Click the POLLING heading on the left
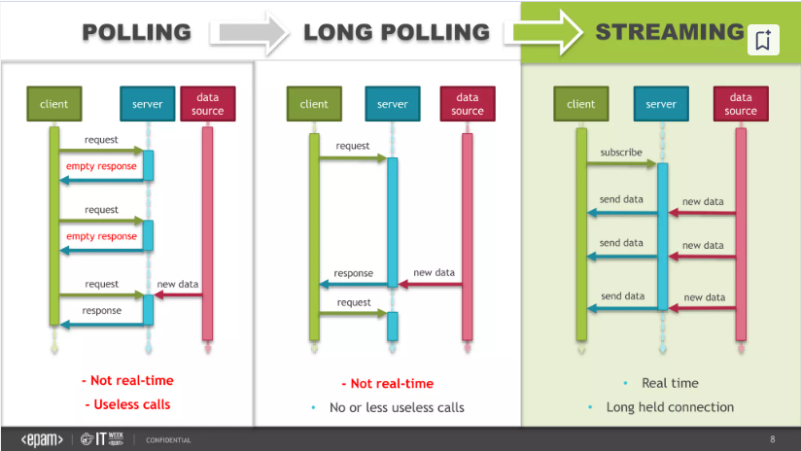136,32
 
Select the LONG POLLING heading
397,32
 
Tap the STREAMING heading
669,32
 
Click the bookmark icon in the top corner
762,41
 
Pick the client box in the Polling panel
54,104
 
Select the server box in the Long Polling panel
393,104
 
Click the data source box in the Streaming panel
741,104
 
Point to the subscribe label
621,153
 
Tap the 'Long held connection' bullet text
670,407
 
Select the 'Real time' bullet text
671,383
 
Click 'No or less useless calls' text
397,407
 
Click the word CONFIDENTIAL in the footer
168,440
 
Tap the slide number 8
773,439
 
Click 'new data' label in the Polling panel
177,285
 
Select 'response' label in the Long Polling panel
353,274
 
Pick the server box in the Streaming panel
661,104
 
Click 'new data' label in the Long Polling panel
435,273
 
